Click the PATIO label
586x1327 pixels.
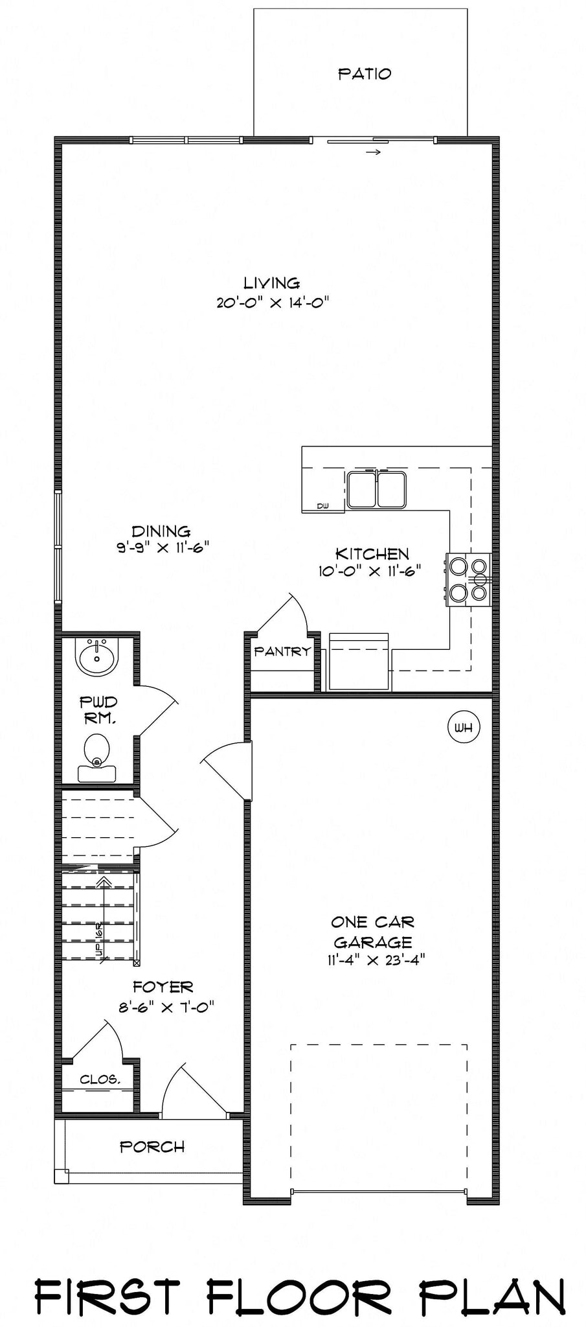click(365, 74)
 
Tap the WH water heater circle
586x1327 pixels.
click(464, 727)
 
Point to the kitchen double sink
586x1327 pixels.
click(376, 490)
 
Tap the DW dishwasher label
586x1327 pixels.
click(322, 506)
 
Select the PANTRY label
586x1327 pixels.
click(282, 652)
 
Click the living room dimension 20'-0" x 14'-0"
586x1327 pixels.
click(273, 303)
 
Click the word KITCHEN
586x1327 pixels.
click(372, 554)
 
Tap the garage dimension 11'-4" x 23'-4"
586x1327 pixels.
click(376, 960)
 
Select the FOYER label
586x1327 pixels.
click(163, 987)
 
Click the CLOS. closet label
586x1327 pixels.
click(100, 1079)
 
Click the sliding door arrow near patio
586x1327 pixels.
click(372, 153)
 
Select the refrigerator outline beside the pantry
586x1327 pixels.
click(359, 662)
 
